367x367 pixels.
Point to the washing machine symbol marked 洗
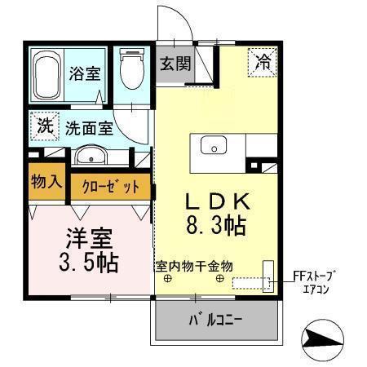click(x=46, y=126)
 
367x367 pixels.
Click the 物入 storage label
click(x=46, y=182)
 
